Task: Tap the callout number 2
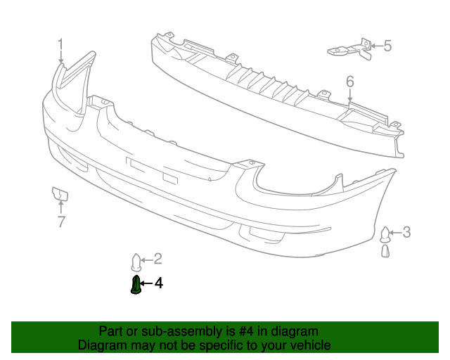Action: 157,258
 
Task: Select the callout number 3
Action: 407,232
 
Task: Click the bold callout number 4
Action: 159,283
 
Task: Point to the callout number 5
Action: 387,46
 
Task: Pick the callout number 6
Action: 350,82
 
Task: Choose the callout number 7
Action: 61,223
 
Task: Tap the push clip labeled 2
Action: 137,262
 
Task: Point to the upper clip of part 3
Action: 385,233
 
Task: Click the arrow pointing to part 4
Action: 147,284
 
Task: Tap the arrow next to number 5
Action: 375,46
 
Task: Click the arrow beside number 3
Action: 396,232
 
